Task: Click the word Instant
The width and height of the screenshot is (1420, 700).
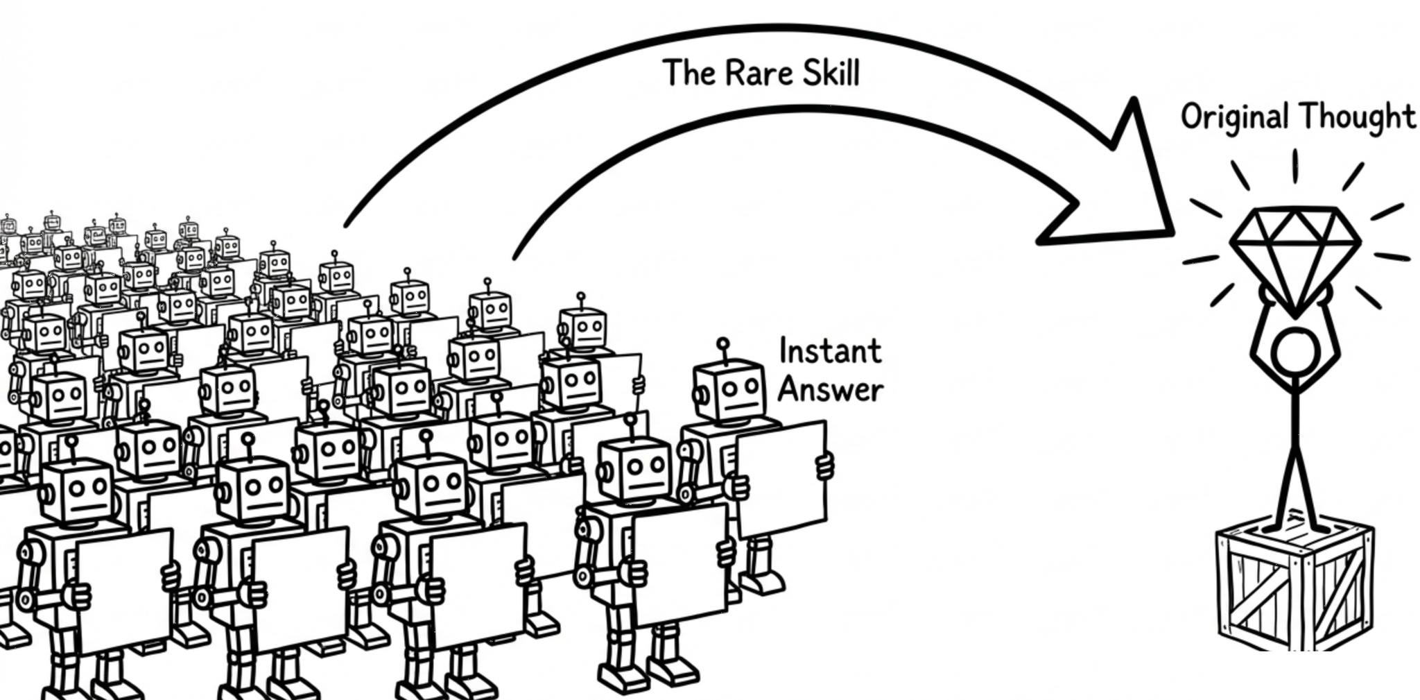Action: tap(830, 351)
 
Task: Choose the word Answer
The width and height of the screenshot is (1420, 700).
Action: tap(830, 389)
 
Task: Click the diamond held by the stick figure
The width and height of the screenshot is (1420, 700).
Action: tap(1295, 253)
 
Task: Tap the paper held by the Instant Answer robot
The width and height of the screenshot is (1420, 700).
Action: tap(781, 479)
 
